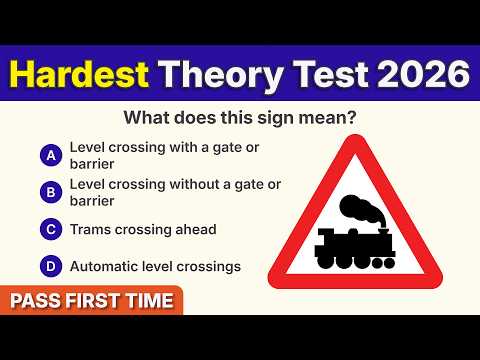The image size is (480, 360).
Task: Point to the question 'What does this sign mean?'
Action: (x=240, y=119)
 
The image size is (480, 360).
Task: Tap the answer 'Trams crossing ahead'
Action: (x=143, y=229)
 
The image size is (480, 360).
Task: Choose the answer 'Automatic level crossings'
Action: (x=154, y=267)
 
